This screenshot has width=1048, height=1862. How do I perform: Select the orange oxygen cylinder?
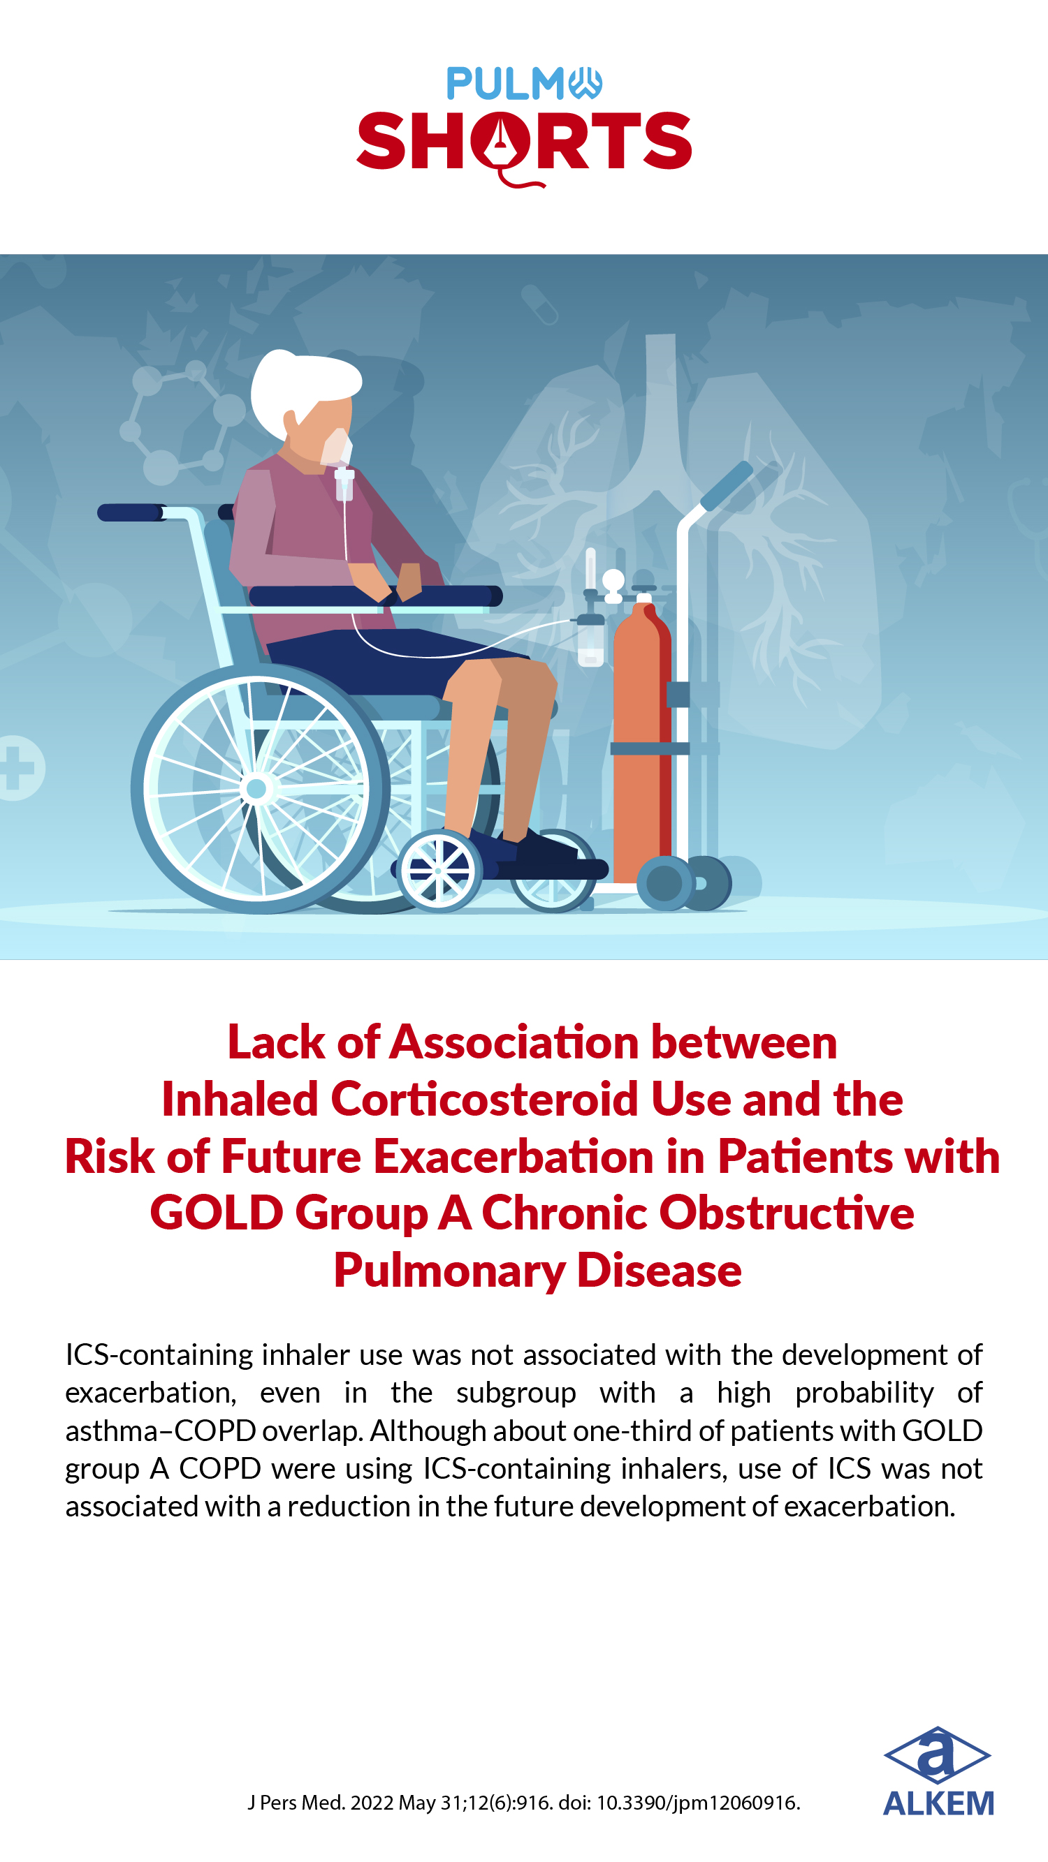tap(641, 737)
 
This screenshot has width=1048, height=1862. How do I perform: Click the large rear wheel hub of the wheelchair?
tap(256, 788)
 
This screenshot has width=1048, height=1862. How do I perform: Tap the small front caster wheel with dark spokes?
tap(438, 871)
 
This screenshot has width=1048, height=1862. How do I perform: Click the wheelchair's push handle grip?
tap(130, 512)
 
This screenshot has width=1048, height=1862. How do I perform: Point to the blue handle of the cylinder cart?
tap(726, 485)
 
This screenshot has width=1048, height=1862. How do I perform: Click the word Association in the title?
tap(514, 1042)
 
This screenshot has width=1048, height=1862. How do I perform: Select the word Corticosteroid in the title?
tap(485, 1100)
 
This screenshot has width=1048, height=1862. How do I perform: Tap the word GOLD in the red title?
tap(217, 1213)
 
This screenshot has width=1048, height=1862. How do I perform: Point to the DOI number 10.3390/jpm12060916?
tap(697, 1803)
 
